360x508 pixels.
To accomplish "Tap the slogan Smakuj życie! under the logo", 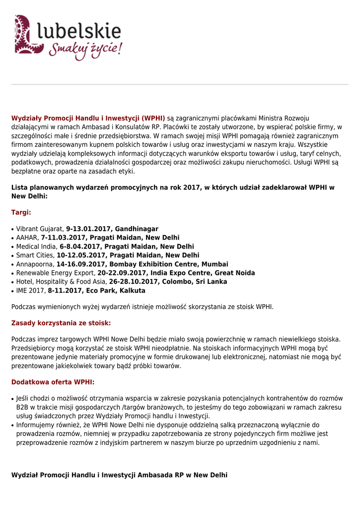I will (x=85, y=50).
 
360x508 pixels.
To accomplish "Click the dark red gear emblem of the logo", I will (x=25, y=34).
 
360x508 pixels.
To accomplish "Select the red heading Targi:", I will (x=21, y=212).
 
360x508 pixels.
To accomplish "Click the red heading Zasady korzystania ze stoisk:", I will (x=61, y=323).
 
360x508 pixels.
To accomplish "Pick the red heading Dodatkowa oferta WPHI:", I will (x=53, y=382).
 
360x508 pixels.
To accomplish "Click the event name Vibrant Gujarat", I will (x=40, y=229).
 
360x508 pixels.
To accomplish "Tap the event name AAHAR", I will (x=27, y=238).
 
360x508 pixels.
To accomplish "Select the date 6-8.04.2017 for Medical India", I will (x=80, y=247).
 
